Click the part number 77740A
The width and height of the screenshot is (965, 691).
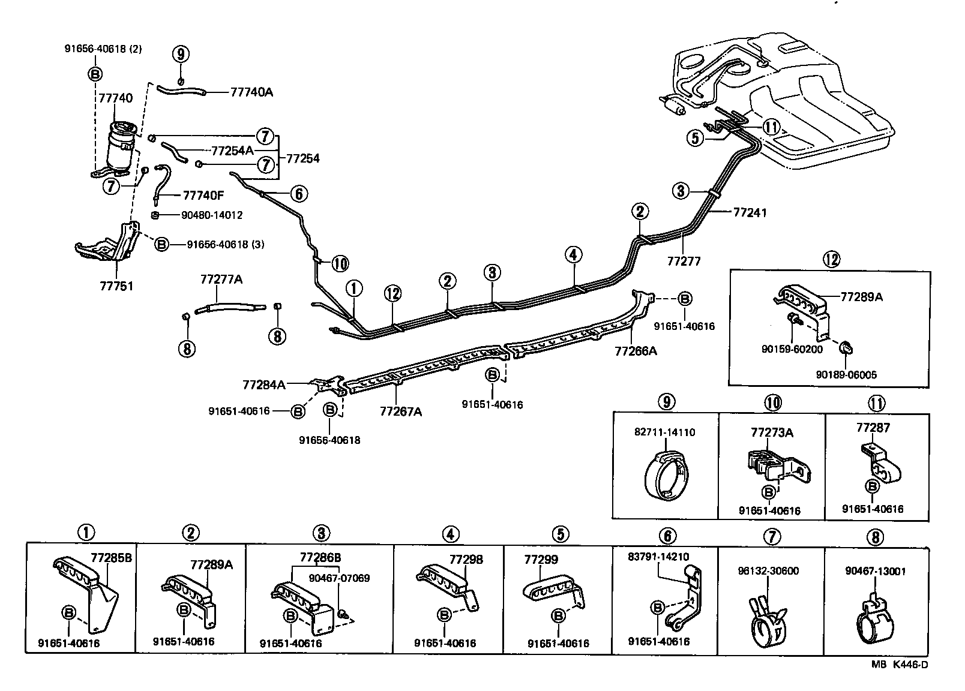[251, 92]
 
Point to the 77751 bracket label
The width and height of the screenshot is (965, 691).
[116, 286]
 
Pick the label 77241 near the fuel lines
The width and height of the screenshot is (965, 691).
[750, 212]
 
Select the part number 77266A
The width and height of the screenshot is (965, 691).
[636, 351]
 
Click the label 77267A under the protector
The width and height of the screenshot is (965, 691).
[401, 411]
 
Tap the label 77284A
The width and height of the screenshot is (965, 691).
[264, 384]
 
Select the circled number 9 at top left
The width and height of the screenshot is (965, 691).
[181, 54]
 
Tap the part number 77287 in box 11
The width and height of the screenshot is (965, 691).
[873, 428]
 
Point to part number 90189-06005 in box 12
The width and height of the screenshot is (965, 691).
[846, 375]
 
